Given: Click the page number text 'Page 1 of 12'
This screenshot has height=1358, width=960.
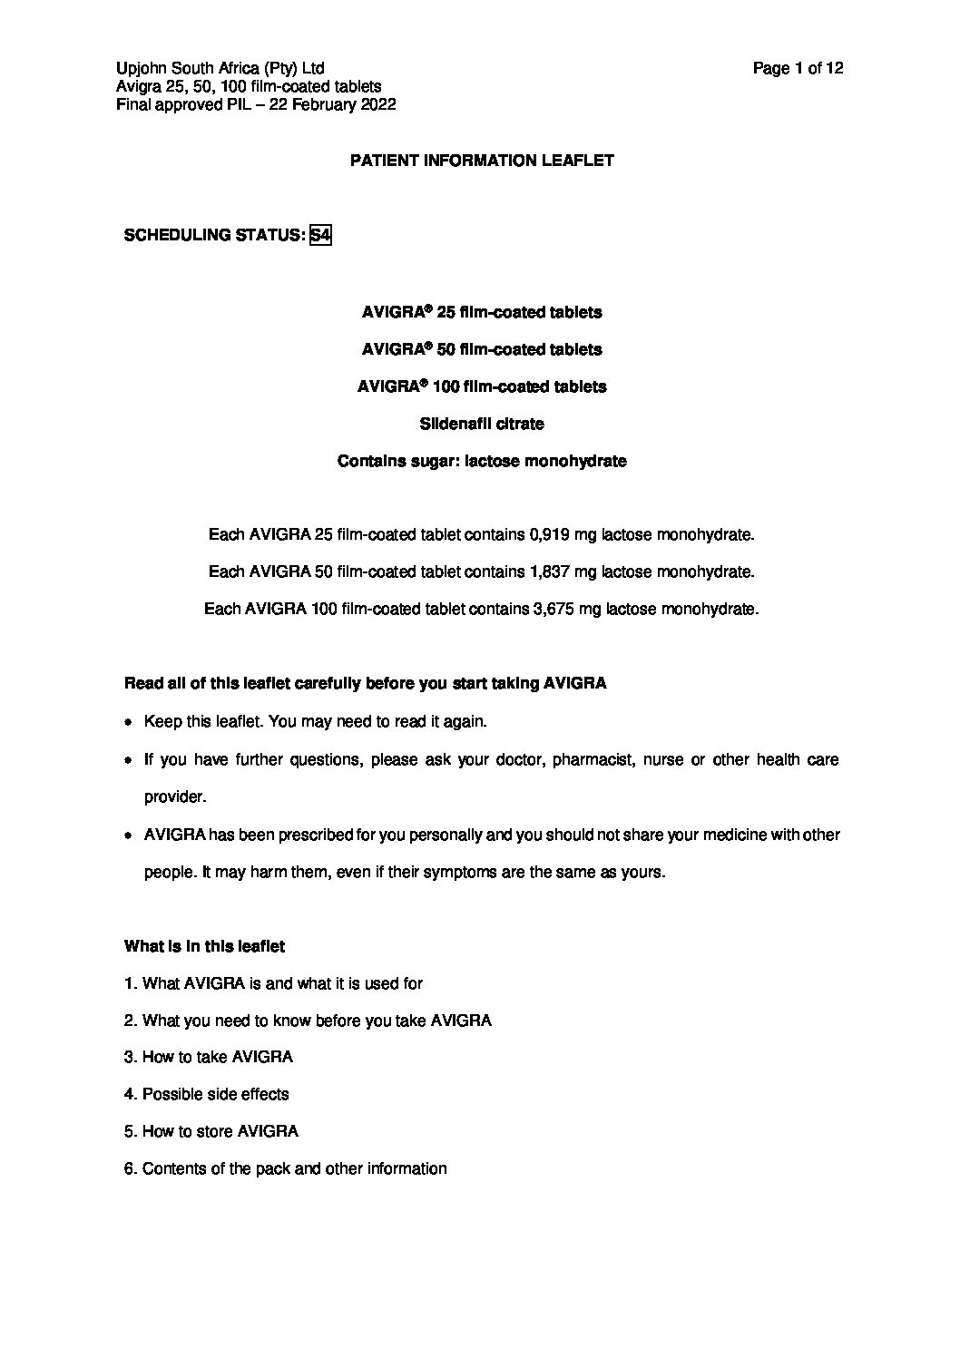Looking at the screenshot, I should pos(798,68).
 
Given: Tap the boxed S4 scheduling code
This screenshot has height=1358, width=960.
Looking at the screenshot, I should pos(320,235).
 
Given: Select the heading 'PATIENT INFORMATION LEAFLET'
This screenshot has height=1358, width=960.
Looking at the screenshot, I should pos(482,161).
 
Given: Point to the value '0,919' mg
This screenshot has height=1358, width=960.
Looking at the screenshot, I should pos(549,535).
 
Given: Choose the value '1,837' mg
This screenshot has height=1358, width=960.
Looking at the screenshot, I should pos(549,572).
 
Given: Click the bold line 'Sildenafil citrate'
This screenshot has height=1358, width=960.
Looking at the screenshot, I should pos(482,424).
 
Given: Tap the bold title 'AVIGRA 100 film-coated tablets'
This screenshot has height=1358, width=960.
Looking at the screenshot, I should pos(482,386).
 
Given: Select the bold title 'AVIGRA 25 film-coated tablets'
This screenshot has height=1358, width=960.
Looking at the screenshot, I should pos(482,312).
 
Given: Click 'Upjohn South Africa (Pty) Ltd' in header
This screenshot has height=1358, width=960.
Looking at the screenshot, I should pos(220,68).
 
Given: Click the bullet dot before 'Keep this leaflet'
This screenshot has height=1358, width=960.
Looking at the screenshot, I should pos(129,722).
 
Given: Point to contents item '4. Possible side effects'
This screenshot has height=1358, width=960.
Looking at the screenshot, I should pos(207,1094).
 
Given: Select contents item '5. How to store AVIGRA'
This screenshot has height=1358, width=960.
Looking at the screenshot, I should pos(211,1131).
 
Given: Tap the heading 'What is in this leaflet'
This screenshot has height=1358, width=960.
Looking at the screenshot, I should pos(204,946).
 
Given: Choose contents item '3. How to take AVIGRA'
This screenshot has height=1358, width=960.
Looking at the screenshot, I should pos(209,1057).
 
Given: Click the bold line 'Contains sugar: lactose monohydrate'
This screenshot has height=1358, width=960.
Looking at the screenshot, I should pos(482,461).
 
